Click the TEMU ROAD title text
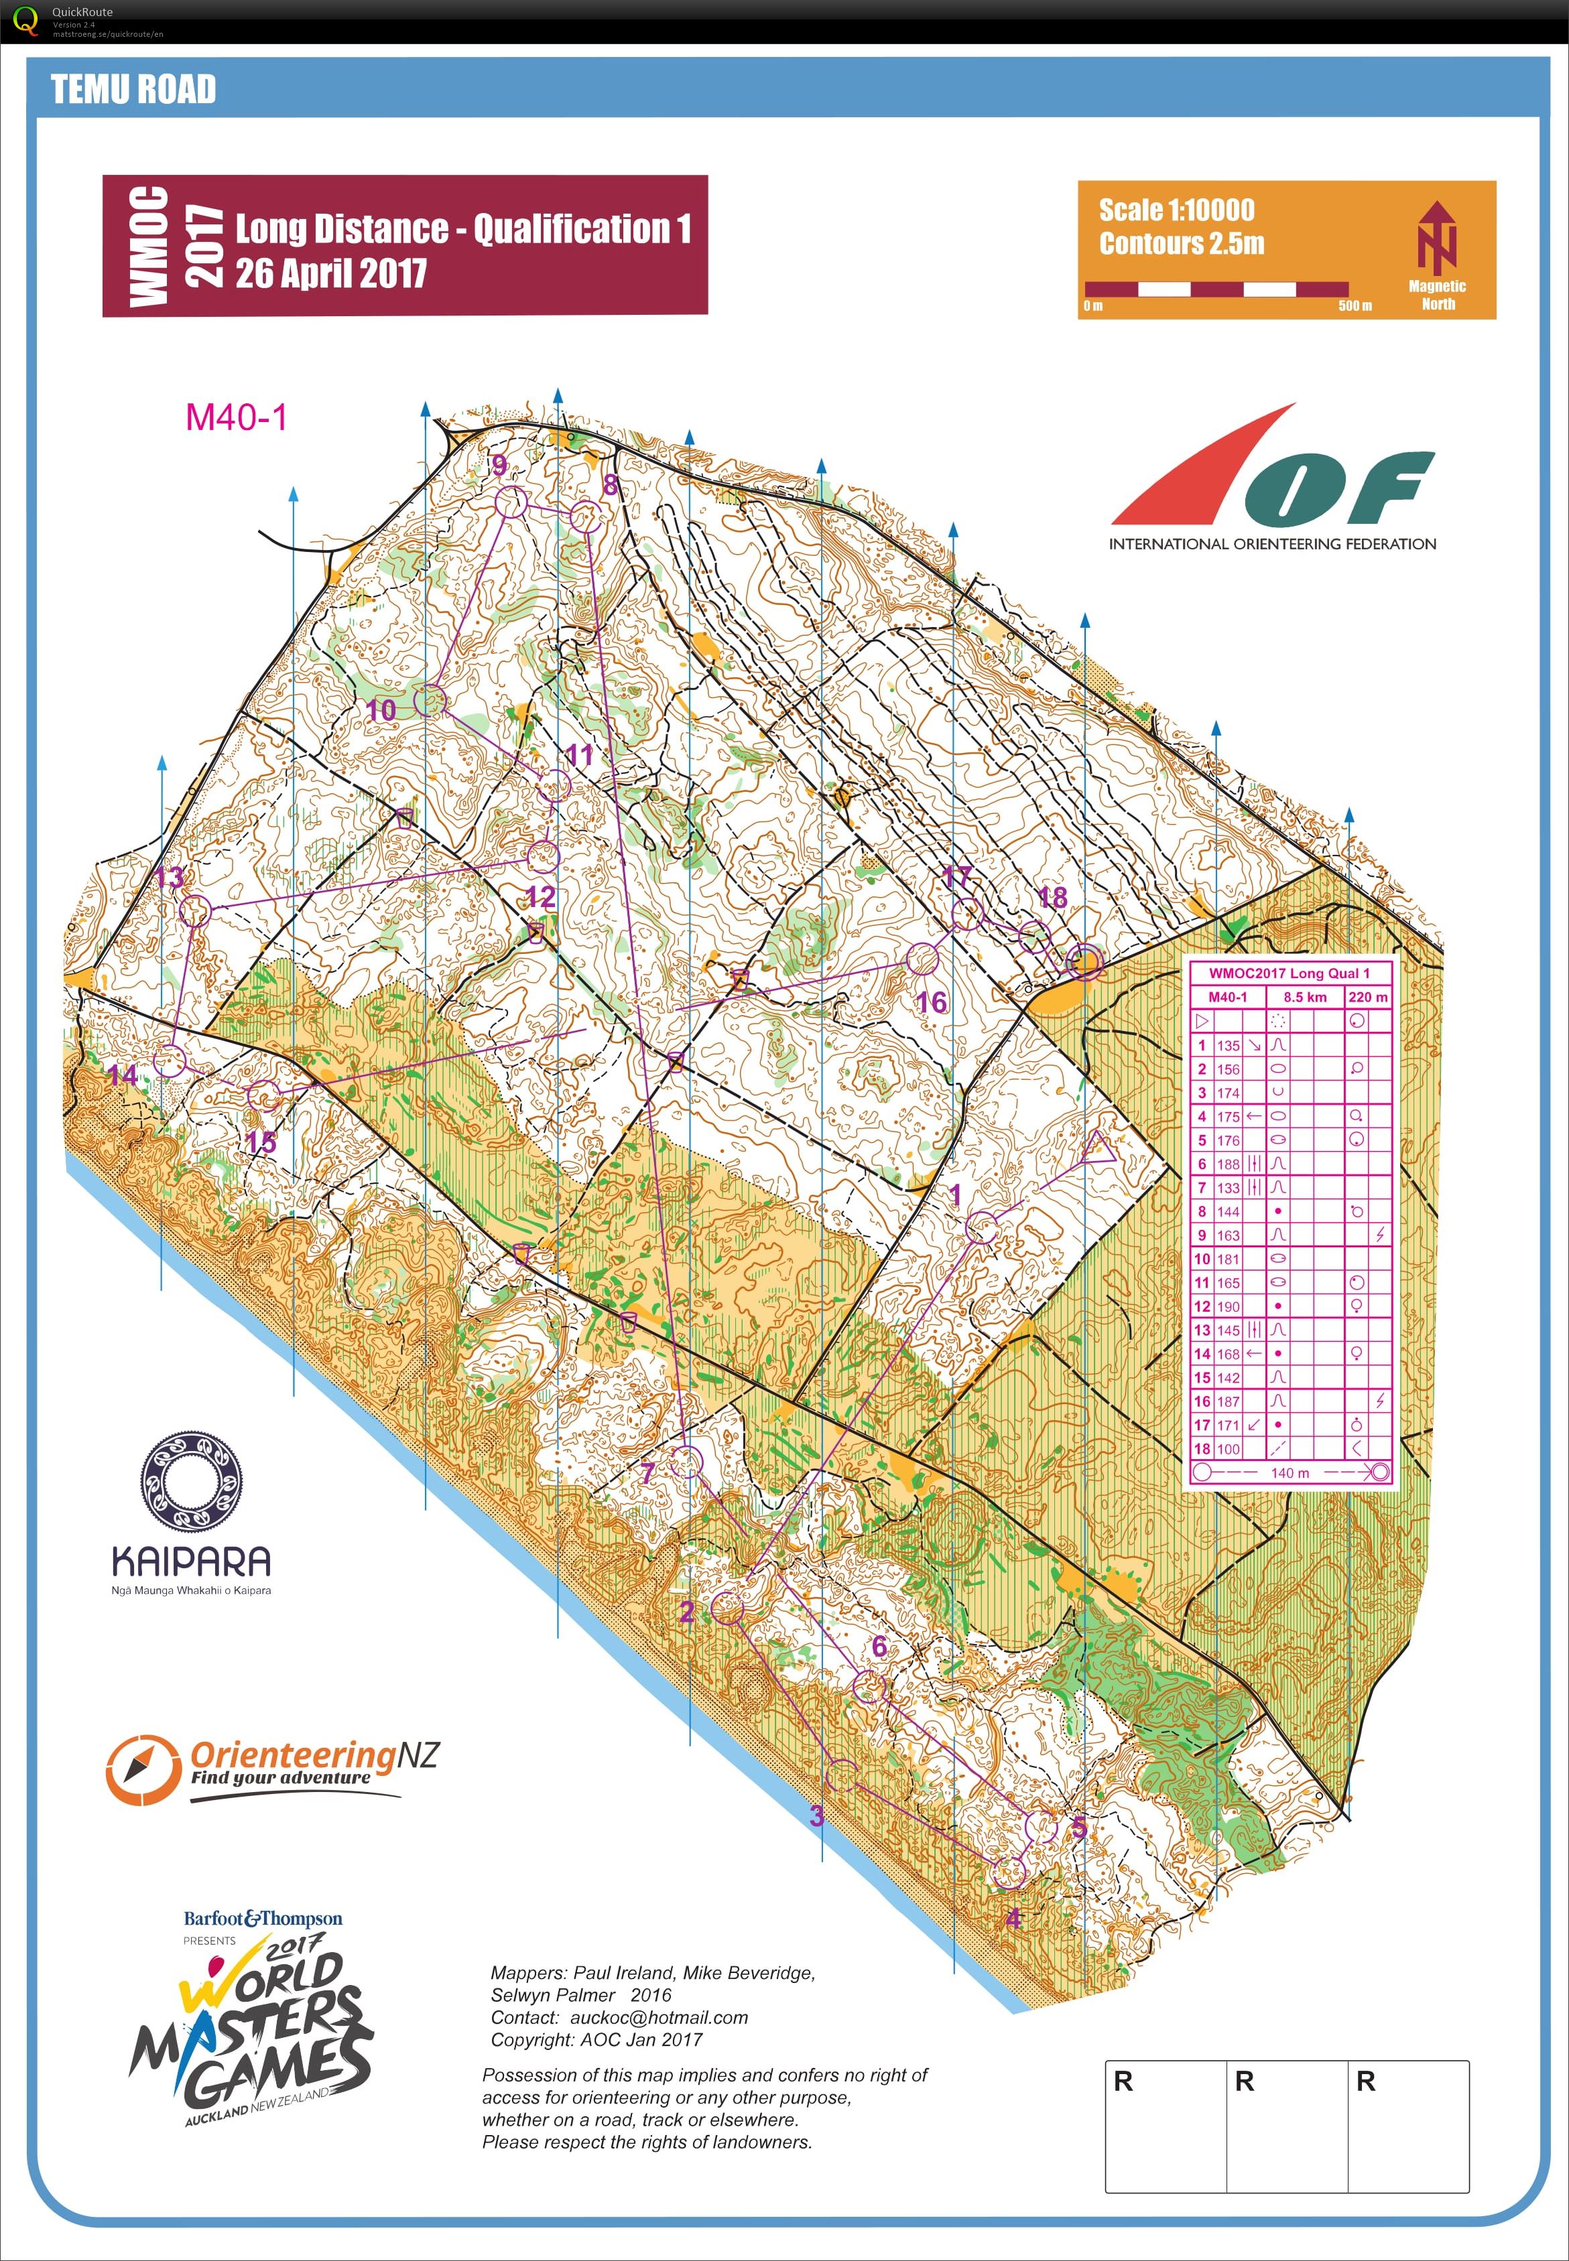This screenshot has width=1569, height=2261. click(133, 89)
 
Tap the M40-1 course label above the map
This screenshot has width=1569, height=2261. click(236, 417)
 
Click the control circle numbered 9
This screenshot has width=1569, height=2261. click(510, 503)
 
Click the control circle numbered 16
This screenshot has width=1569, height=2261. click(923, 959)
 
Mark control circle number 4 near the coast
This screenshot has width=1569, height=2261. click(1006, 1871)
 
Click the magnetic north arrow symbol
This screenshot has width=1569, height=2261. click(1436, 238)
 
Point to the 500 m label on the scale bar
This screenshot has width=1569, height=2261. click(1354, 305)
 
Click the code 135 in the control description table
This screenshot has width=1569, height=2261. click(1228, 1046)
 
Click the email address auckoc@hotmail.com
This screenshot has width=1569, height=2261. click(659, 2017)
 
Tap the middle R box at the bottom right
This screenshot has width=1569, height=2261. click(1286, 2124)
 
